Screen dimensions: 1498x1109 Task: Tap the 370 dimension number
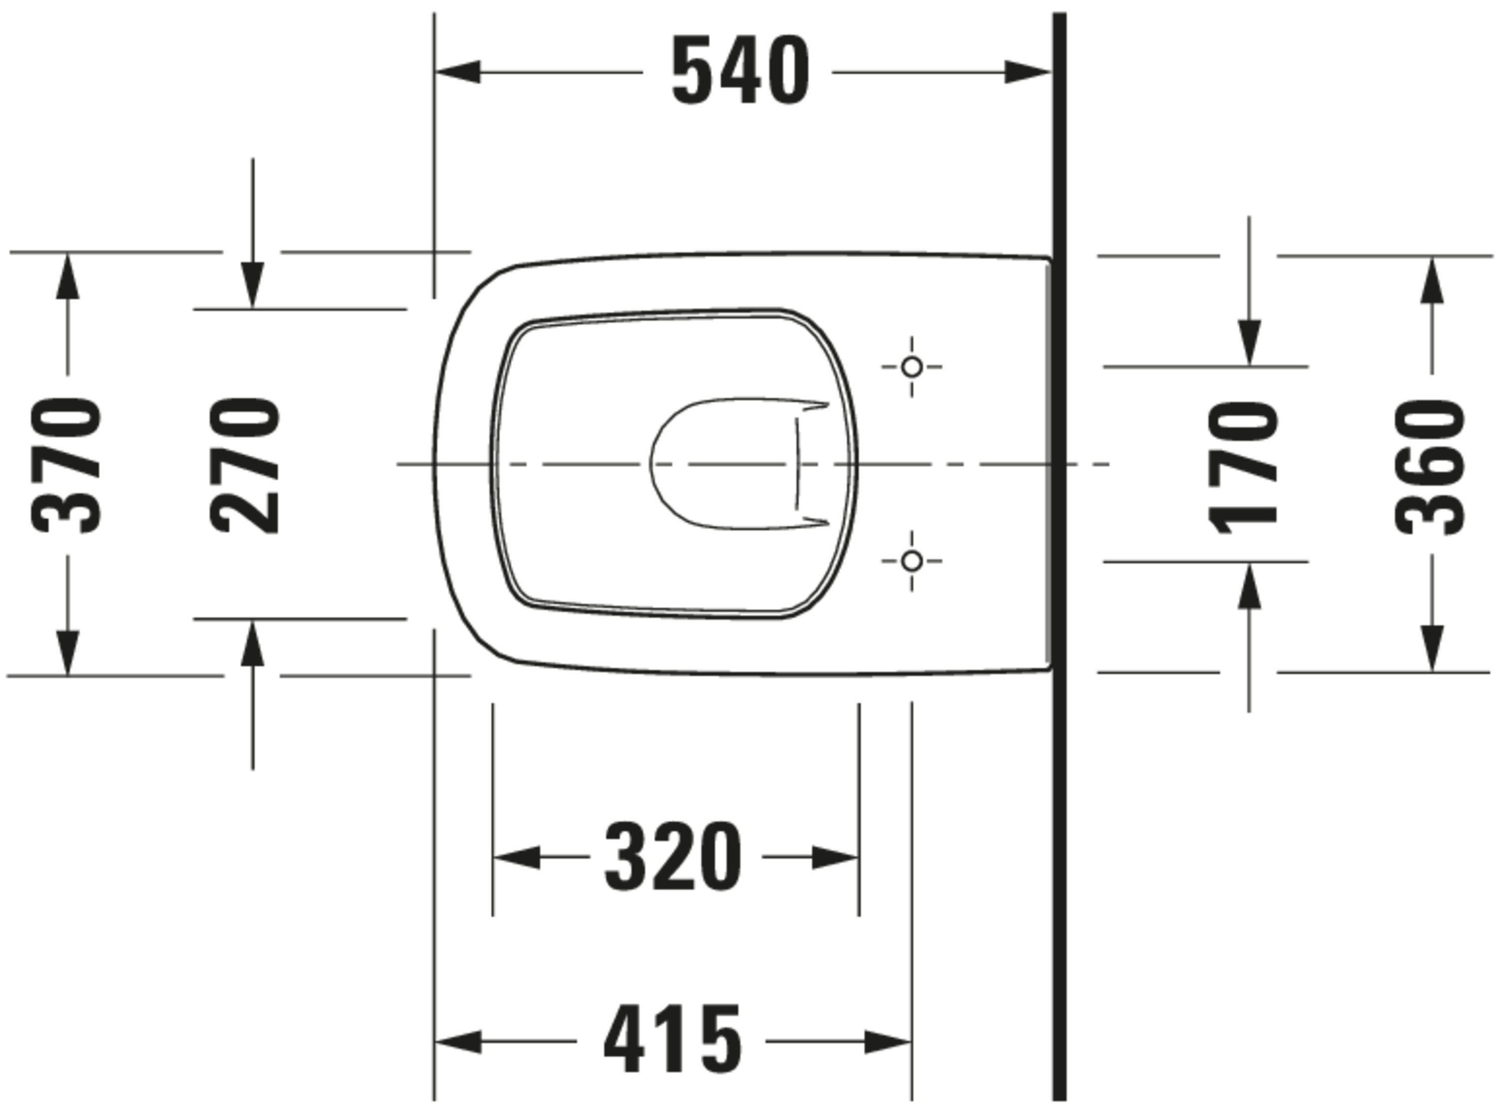click(x=66, y=466)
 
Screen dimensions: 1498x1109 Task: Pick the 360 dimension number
click(x=1430, y=467)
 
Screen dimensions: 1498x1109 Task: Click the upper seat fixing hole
click(x=912, y=367)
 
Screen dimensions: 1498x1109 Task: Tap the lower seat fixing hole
click(x=912, y=560)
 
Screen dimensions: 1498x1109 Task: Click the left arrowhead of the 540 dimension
click(x=458, y=71)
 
